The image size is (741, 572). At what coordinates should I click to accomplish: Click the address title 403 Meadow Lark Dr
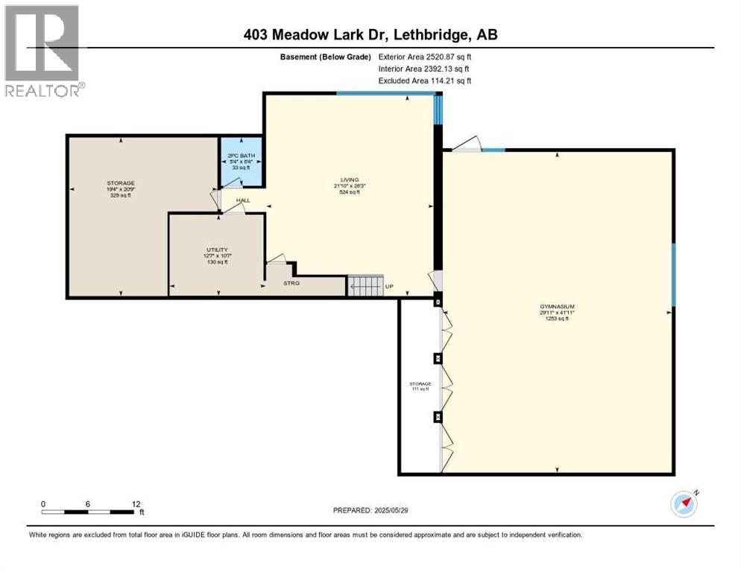(370, 34)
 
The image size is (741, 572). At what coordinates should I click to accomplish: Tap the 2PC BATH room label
(240, 157)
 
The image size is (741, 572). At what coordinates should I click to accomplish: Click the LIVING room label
(350, 179)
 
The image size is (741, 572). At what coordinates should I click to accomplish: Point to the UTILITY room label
(217, 250)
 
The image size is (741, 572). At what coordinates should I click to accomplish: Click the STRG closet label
(291, 283)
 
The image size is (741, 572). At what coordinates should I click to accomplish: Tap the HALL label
(243, 200)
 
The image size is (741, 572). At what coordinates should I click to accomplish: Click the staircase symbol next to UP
(365, 286)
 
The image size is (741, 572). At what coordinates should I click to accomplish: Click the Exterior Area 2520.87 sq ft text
(424, 56)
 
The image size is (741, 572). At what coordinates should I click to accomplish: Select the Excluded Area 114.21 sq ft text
(425, 80)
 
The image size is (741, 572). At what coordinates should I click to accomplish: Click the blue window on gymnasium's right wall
(673, 275)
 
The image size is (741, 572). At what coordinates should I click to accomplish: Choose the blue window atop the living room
(385, 92)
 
